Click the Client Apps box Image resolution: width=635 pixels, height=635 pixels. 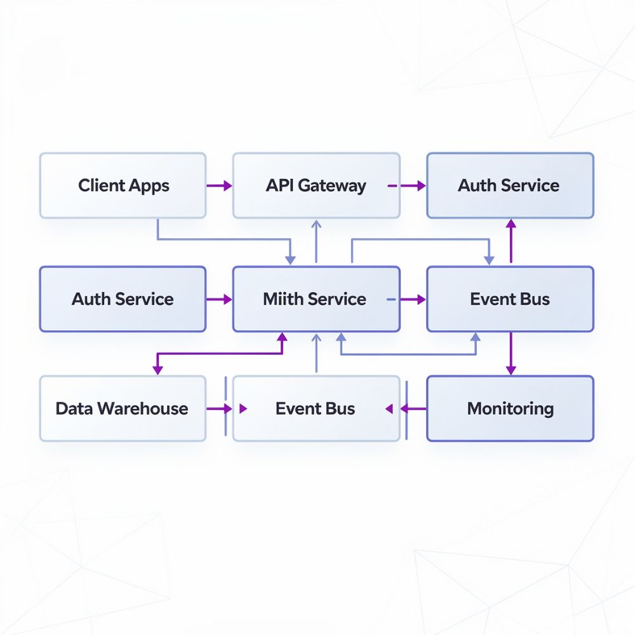coord(123,185)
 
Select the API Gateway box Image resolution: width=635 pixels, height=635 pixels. coord(316,185)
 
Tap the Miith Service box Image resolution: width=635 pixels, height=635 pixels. coord(316,299)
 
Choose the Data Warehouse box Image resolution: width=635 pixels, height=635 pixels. coord(123,408)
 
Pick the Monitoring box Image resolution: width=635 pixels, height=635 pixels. coord(510,408)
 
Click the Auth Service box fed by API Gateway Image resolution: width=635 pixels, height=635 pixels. coord(510,185)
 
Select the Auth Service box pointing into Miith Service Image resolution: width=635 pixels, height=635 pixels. coord(123,299)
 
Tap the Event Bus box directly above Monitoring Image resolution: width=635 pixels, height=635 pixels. coord(510,299)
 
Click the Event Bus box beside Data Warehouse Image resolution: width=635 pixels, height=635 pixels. coord(316,408)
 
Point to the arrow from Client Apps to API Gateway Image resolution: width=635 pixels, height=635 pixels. coord(219,186)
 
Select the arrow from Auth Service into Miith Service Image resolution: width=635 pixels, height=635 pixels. coord(219,299)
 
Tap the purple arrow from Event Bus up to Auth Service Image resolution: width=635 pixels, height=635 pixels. coord(511,241)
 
